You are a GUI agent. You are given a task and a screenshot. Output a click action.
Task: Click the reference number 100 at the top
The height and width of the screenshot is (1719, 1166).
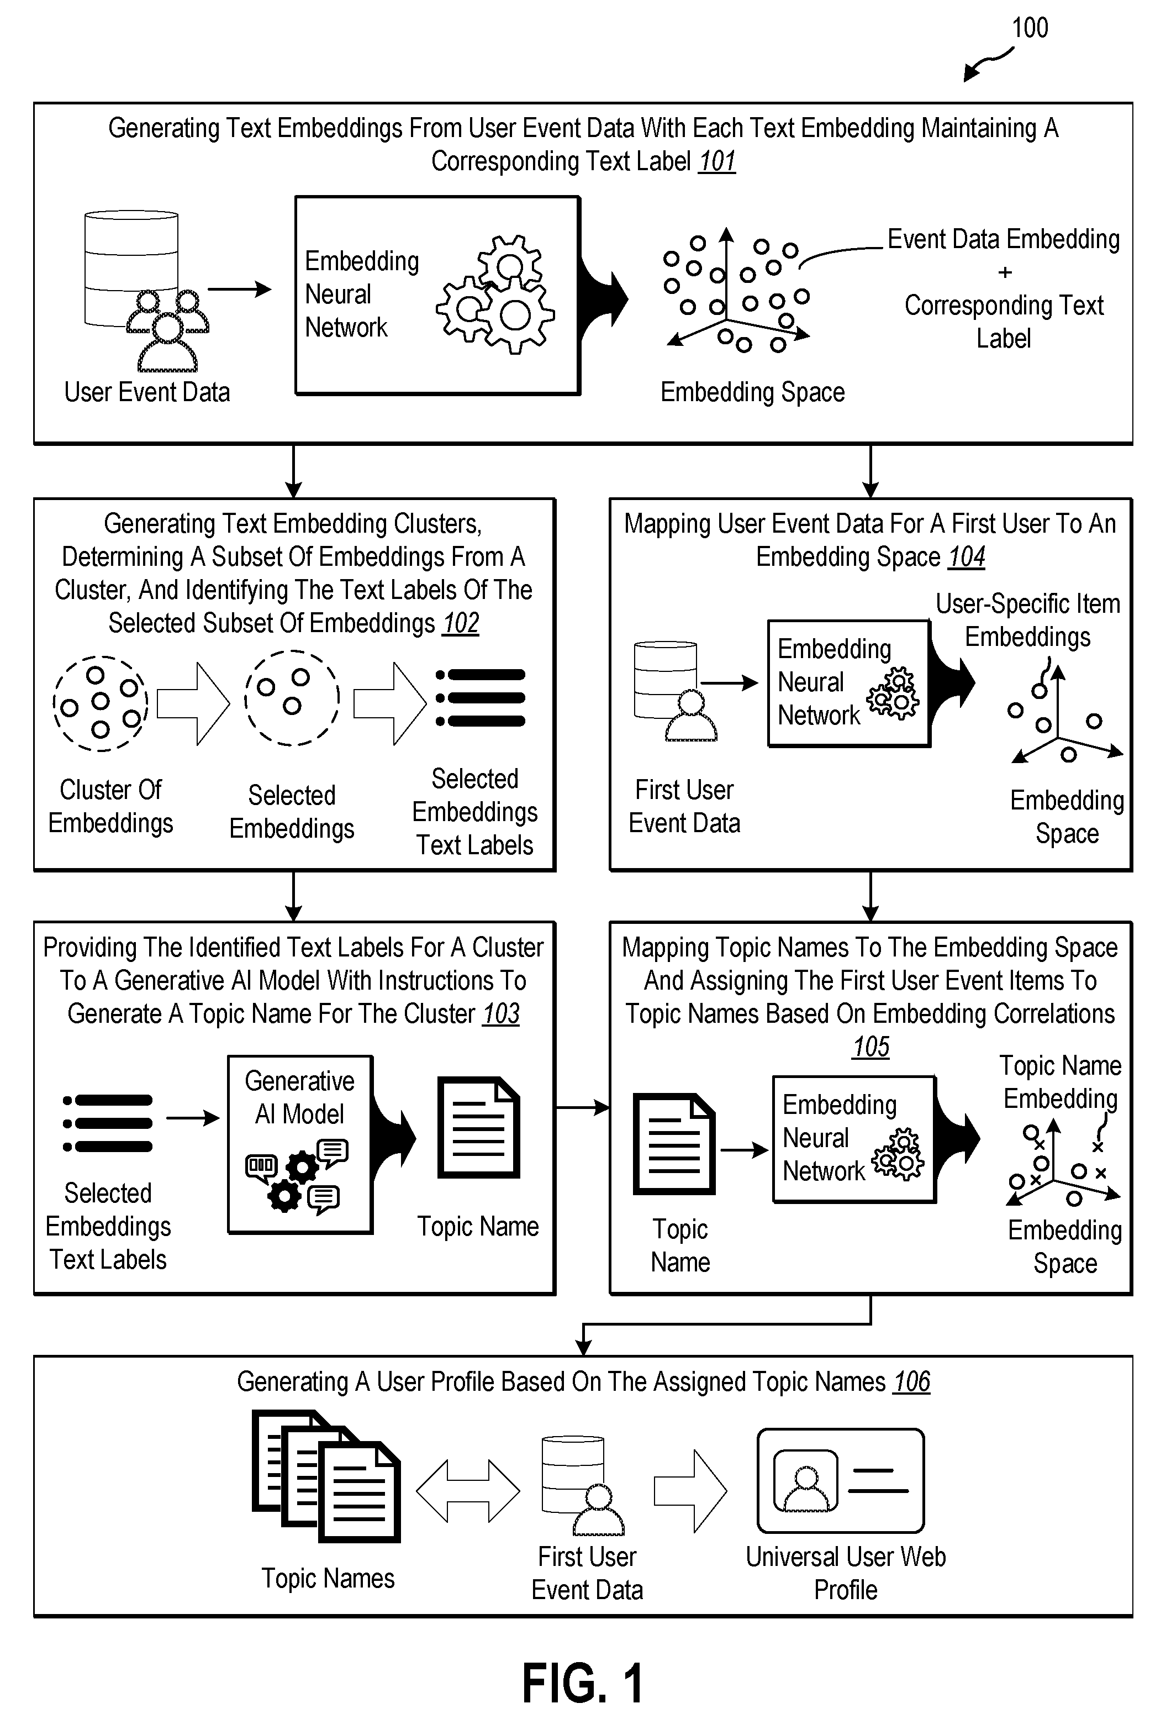1029,28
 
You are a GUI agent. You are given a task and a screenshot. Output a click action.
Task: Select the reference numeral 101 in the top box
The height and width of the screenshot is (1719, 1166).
717,161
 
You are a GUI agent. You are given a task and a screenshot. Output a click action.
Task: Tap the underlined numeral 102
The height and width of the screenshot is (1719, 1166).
461,623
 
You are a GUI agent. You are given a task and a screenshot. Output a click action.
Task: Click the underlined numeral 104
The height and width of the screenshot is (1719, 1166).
967,556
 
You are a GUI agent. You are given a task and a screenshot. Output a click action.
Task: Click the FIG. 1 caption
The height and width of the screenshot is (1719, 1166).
583,1684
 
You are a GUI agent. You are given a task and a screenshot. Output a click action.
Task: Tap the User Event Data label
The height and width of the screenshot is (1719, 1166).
147,392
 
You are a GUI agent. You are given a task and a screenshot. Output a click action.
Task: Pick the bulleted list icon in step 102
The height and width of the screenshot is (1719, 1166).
481,697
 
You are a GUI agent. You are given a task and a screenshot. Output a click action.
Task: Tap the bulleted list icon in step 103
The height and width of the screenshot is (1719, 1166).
108,1123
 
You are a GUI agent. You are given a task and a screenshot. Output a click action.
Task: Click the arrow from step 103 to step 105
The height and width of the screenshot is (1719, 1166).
582,1107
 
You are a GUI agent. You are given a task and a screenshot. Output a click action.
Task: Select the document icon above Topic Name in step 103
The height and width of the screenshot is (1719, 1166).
478,1127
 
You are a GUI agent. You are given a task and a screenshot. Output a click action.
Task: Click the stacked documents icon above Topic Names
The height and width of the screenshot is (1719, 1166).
326,1476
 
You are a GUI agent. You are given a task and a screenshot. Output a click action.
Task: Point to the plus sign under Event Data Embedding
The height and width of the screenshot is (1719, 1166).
1005,272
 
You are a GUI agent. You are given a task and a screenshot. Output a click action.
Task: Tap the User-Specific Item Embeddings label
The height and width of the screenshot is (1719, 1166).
1028,620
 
